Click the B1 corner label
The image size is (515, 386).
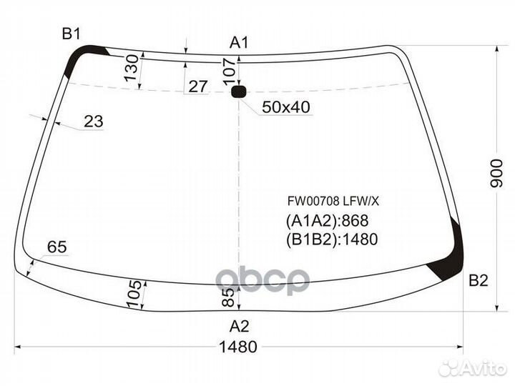(x=72, y=34)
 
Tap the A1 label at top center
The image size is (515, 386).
(x=239, y=43)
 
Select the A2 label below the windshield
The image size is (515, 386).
(x=239, y=326)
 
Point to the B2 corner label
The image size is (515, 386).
(x=479, y=280)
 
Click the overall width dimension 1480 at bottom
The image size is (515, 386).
(x=238, y=347)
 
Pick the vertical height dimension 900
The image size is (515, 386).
(x=496, y=173)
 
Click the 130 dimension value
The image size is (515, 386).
(x=132, y=68)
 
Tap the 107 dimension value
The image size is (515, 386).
(x=230, y=72)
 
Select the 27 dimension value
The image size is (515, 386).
(x=198, y=86)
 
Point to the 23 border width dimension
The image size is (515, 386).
(x=94, y=122)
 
